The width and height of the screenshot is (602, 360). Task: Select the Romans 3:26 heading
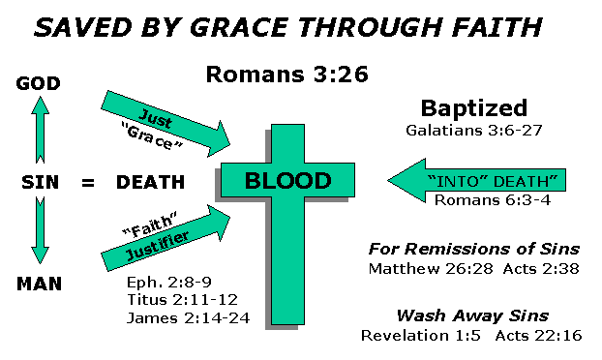(273, 74)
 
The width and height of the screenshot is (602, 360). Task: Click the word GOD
(40, 84)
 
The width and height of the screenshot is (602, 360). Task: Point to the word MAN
(40, 285)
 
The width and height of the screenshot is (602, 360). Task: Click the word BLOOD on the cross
(287, 181)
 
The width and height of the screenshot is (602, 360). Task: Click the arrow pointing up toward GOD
(40, 132)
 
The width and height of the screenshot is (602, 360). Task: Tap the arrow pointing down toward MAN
(40, 232)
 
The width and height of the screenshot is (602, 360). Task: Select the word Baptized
(473, 107)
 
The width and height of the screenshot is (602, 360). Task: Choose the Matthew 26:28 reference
(418, 268)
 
